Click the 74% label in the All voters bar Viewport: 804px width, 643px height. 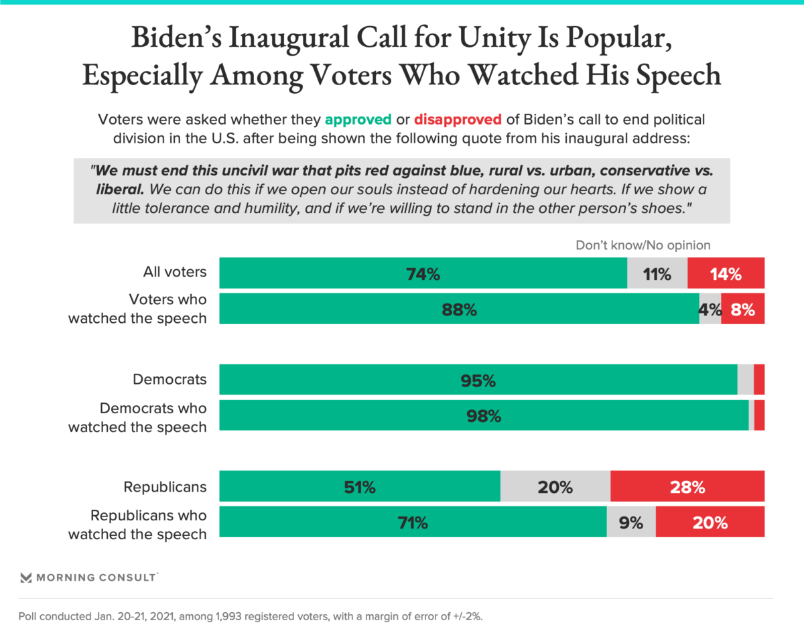(423, 274)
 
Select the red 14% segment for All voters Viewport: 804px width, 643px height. (726, 274)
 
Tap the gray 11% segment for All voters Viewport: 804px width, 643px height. (657, 274)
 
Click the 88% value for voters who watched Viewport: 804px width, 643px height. (459, 309)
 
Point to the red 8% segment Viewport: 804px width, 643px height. (743, 309)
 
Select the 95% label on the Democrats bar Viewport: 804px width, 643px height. (478, 381)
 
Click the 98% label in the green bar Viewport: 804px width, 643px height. (484, 416)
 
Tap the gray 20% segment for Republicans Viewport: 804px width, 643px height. (555, 488)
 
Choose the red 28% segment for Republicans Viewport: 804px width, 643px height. (687, 488)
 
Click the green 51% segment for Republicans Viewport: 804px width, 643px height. (359, 488)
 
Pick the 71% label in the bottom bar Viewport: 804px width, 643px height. (412, 522)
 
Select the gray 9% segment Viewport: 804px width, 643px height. (631, 522)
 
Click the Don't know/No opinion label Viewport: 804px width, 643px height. (643, 246)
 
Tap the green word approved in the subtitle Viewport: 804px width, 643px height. (358, 121)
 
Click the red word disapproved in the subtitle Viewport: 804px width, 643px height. (458, 121)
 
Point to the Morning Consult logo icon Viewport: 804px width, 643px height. (26, 578)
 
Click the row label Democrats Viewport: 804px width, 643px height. (170, 380)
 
